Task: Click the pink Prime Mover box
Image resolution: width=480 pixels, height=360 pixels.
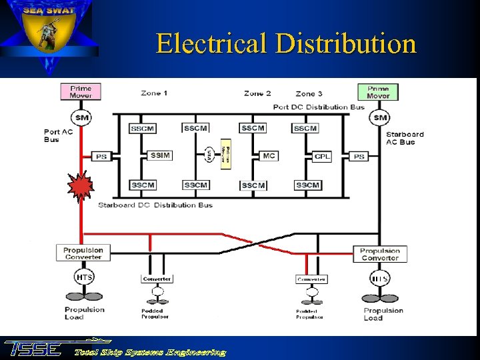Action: pos(81,91)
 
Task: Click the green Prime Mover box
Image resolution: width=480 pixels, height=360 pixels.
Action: pos(378,91)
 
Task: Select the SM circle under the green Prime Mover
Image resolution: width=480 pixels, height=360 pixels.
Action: pos(380,118)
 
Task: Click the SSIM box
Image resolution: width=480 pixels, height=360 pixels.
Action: pos(160,155)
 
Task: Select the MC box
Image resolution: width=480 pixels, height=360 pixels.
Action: pos(269,155)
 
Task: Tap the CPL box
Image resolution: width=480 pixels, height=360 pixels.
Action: pos(322,157)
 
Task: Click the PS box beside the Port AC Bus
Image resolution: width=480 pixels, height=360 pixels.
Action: pos(101,157)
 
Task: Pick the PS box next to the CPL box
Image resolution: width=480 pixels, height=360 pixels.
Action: pos(359,157)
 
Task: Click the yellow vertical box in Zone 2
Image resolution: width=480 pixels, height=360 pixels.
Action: pos(226,156)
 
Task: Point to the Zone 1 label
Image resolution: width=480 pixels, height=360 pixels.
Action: pos(154,93)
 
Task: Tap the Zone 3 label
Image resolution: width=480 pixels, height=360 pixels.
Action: pos(309,94)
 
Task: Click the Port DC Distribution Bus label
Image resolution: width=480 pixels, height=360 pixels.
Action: pos(319,107)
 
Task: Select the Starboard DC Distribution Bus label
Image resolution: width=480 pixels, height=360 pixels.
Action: pos(155,205)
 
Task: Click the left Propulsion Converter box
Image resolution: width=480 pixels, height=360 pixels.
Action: pos(83,253)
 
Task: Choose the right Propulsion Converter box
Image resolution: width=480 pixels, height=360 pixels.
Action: pos(380,255)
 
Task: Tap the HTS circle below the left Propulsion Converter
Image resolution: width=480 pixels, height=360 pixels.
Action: pos(84,277)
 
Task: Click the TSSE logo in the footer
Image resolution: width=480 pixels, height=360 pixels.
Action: pos(33,349)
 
